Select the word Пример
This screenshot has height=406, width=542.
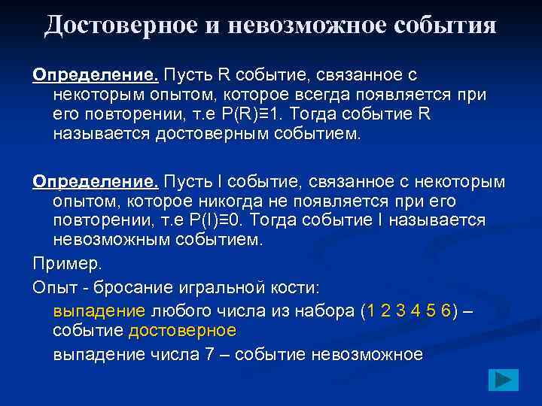coord(64,265)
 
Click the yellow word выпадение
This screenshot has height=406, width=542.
coord(99,311)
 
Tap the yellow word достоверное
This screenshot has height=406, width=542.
coord(182,330)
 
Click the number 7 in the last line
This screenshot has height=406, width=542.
coord(210,354)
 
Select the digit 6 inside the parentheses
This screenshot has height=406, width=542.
coord(446,311)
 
